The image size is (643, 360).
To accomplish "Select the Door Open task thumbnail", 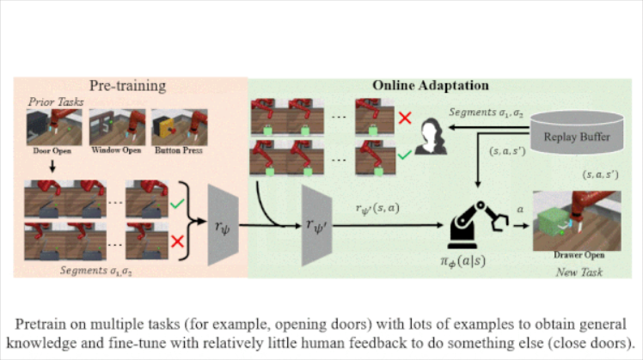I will tap(53, 126).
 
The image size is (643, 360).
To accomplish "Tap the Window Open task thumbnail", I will tap(116, 126).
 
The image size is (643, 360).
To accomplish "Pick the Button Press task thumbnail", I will tap(177, 126).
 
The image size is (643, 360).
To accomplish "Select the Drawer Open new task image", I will tap(564, 222).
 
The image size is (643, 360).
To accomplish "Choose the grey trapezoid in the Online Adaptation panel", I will tap(315, 226).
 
